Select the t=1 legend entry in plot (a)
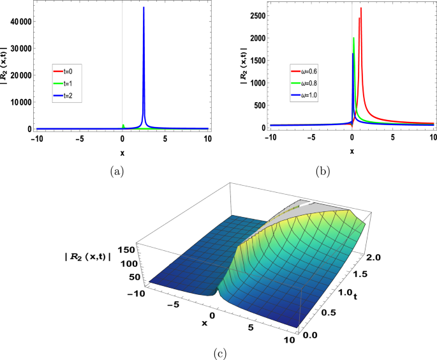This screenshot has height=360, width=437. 67,84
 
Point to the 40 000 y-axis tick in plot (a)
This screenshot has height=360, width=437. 20,21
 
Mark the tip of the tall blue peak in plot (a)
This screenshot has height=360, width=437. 144,8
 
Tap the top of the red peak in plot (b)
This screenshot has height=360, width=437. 361,8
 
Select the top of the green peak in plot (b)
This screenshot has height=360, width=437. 353,38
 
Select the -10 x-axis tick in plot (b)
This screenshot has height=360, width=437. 271,137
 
